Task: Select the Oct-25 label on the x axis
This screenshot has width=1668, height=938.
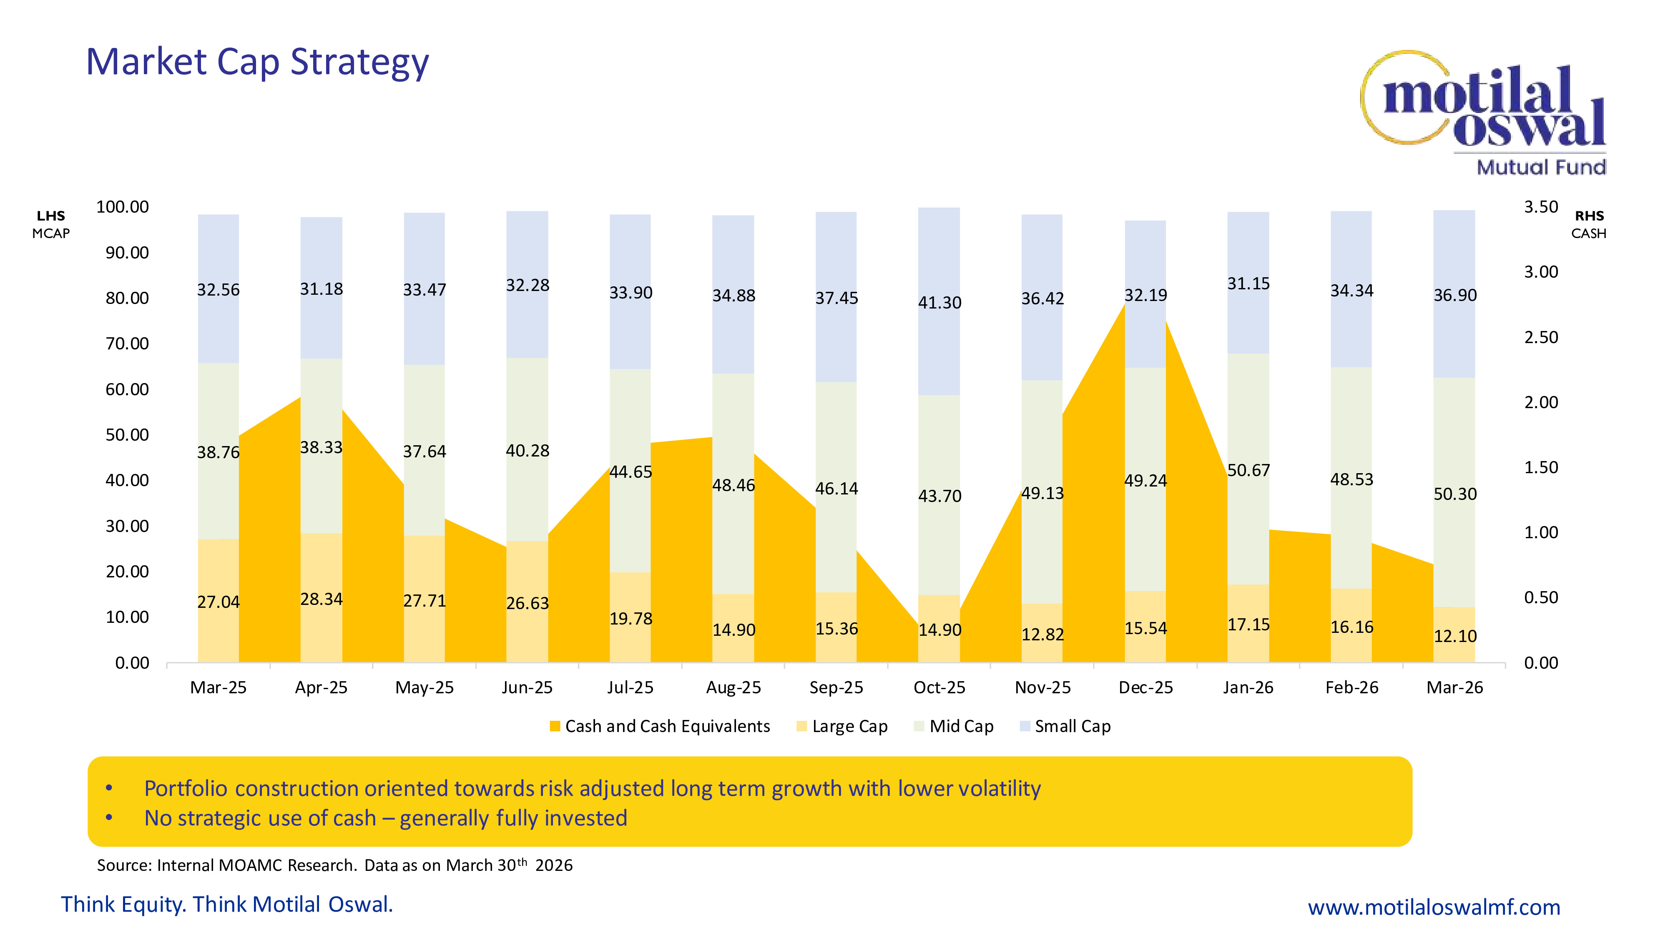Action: click(939, 687)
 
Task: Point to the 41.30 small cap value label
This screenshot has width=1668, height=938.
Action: click(939, 302)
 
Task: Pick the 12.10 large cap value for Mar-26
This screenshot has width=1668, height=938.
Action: click(1454, 636)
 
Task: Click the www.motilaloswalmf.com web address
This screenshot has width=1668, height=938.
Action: click(1434, 907)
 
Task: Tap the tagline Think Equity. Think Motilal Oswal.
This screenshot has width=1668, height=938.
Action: click(226, 904)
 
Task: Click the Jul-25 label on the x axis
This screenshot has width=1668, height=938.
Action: click(630, 687)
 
